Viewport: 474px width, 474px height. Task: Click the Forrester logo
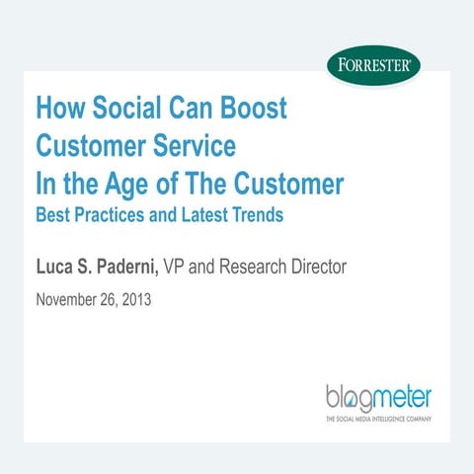374,69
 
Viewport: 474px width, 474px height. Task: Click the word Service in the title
194,146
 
